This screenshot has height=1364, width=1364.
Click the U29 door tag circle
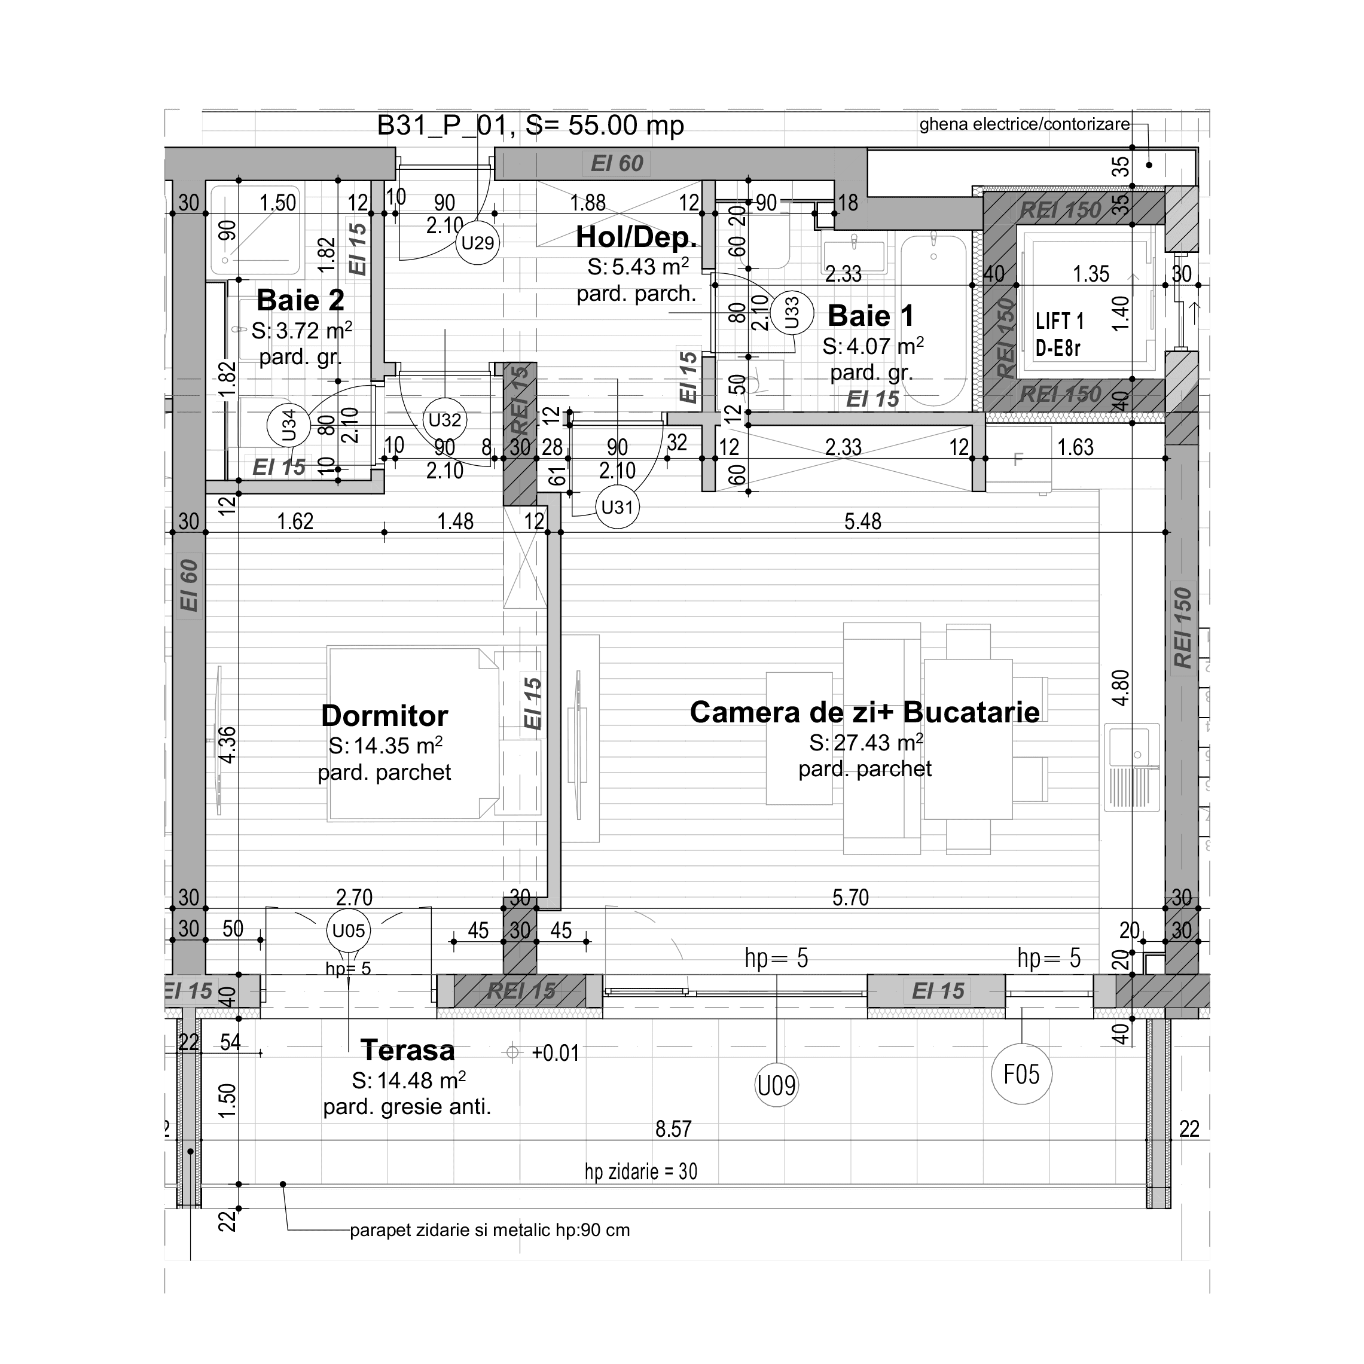tap(478, 243)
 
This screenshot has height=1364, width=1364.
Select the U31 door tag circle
tap(617, 507)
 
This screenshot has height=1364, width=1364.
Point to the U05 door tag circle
tap(349, 930)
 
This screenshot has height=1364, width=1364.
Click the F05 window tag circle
tap(1021, 1074)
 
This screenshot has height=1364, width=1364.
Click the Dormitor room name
tap(384, 715)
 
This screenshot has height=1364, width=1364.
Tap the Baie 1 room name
tap(871, 316)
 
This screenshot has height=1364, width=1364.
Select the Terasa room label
tap(407, 1050)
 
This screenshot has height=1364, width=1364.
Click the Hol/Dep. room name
tap(636, 237)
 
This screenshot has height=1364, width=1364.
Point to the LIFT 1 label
tap(1059, 321)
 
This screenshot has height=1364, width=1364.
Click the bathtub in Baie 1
tap(933, 321)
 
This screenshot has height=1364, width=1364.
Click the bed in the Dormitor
tap(413, 734)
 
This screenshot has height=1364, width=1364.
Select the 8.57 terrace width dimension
tap(673, 1128)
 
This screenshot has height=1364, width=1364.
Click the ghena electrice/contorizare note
tap(1024, 124)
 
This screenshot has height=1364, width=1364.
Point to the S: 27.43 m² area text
tap(865, 743)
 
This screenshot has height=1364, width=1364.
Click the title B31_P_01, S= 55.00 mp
tap(530, 126)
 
